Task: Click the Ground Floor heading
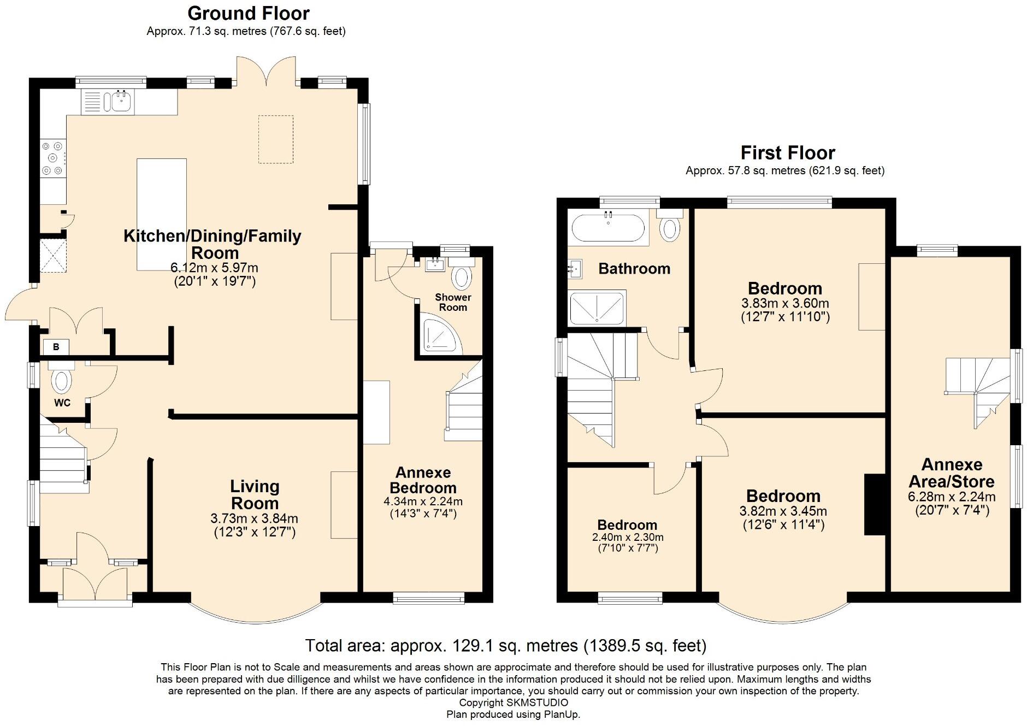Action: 249,13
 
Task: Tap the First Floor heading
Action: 788,152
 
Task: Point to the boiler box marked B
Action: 56,346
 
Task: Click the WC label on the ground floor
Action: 62,403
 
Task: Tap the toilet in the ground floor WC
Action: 61,378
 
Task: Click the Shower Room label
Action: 453,302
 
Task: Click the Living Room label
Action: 255,494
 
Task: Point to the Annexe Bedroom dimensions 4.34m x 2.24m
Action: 423,501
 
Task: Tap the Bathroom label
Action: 634,268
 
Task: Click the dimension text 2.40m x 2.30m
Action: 628,537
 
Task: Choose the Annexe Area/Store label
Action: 952,473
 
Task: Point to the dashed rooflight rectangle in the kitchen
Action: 276,139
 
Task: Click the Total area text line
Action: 506,646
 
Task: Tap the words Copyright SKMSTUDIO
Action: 513,703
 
